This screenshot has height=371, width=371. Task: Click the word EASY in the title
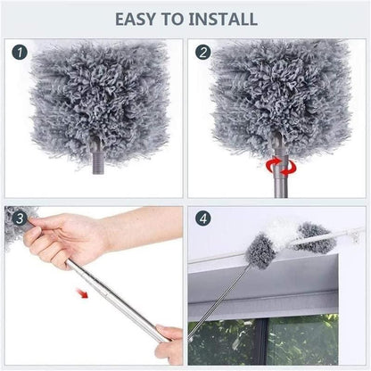point(136,18)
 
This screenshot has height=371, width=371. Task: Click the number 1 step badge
point(20,53)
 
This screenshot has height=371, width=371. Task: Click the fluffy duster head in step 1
point(97,98)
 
